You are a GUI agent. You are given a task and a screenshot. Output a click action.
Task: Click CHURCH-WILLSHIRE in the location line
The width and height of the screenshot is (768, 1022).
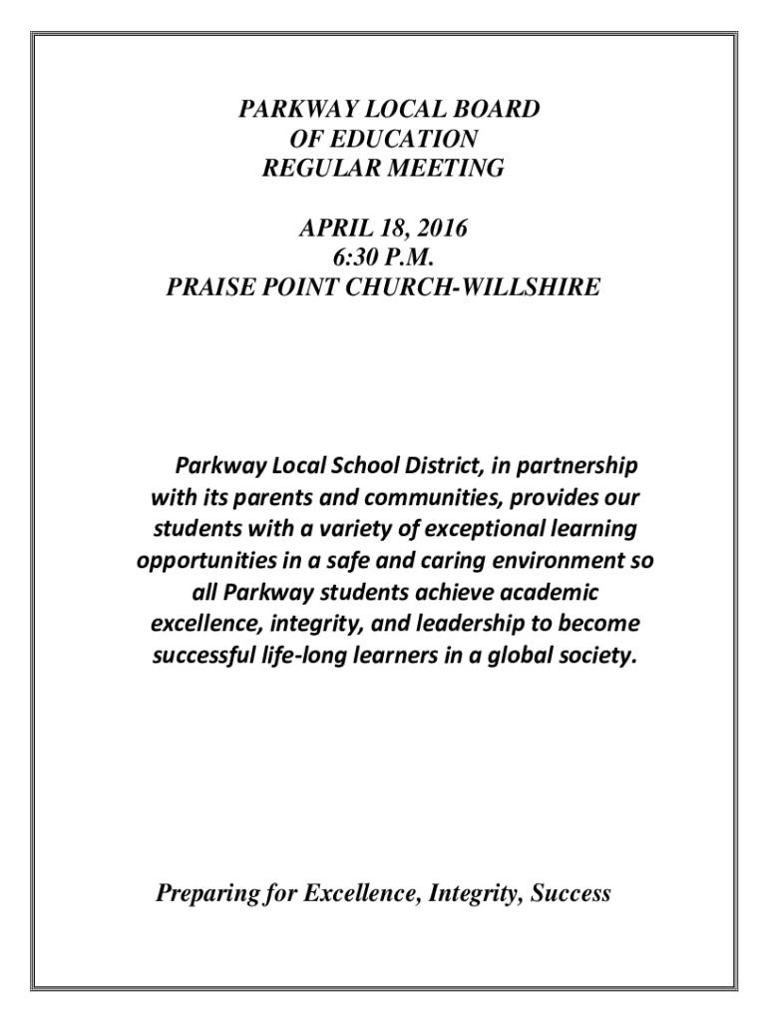[483, 288]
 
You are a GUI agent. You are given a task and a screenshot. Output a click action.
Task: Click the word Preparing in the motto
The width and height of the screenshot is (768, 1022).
[205, 893]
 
